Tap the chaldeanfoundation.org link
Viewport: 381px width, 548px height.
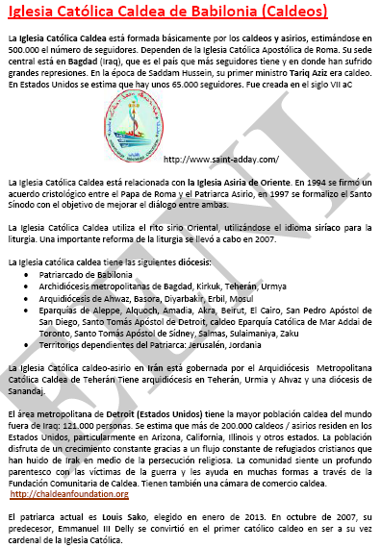69,493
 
